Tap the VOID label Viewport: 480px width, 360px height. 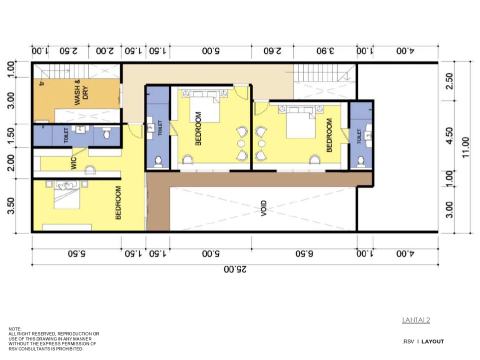pos(264,208)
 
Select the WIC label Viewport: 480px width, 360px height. pos(74,163)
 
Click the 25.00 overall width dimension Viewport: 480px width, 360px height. pos(235,269)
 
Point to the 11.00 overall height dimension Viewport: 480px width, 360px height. pos(466,147)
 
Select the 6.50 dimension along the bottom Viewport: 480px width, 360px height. pos(304,253)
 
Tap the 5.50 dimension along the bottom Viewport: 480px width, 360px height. pos(76,253)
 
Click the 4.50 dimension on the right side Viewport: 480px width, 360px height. pos(449,135)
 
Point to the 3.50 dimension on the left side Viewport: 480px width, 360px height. pos(10,206)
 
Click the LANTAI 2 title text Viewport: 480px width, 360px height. pos(416,320)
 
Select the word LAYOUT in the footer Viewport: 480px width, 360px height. pos(433,341)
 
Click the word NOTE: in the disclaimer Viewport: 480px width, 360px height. pos(15,328)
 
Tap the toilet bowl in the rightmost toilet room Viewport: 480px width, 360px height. pos(361,161)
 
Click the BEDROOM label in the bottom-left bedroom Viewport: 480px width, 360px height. pos(118,203)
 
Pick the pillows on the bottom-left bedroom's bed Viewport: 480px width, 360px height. pos(66,184)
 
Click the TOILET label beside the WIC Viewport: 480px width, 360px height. pos(66,135)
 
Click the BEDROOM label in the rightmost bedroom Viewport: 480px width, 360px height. pos(329,135)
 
